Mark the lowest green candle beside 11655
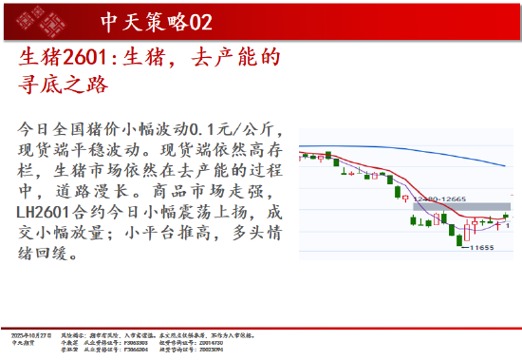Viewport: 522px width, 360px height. click(460, 238)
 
